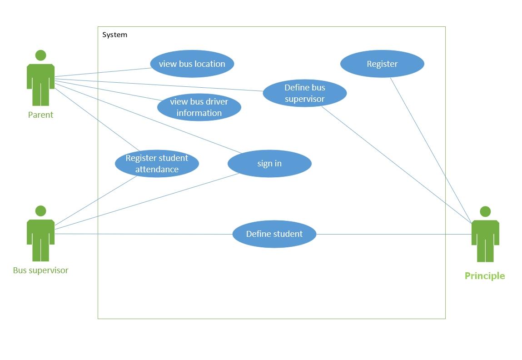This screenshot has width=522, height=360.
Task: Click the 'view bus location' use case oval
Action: [192, 64]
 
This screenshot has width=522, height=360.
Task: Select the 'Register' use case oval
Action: [382, 64]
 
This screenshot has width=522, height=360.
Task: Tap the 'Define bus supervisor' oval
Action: [304, 93]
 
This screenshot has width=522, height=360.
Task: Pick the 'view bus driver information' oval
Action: [199, 107]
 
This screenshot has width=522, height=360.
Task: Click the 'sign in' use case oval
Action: [269, 164]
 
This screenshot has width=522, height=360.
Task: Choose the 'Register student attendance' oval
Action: [157, 164]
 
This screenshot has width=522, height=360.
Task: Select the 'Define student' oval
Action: [274, 234]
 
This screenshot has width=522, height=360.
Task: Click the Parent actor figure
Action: [40, 82]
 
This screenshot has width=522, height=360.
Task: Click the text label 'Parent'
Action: [40, 115]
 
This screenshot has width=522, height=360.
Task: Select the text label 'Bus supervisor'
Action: [40, 270]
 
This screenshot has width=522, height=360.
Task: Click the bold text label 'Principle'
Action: [484, 276]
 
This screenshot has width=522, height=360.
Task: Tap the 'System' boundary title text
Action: [114, 35]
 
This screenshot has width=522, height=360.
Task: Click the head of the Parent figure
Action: [40, 55]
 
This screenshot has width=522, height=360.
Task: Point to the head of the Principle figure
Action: [485, 211]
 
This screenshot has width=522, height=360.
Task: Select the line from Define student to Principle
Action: [393, 235]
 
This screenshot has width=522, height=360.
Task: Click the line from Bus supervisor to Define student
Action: [143, 234]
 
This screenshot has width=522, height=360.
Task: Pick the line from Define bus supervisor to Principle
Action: [395, 164]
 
